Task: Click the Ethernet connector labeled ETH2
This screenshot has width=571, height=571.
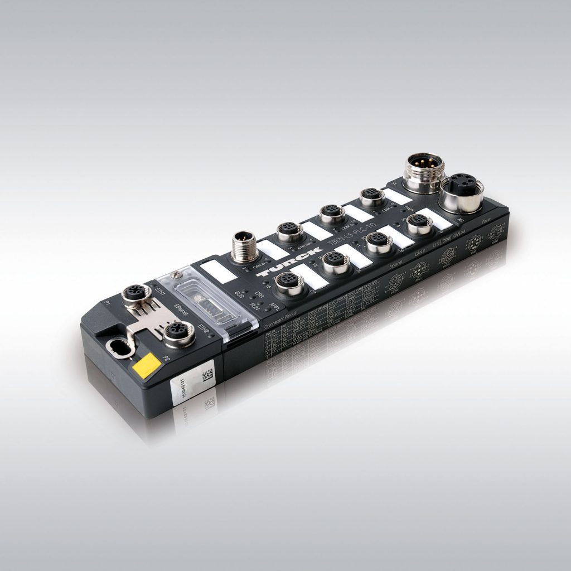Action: tap(178, 333)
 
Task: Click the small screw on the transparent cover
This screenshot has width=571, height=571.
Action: tap(177, 274)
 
